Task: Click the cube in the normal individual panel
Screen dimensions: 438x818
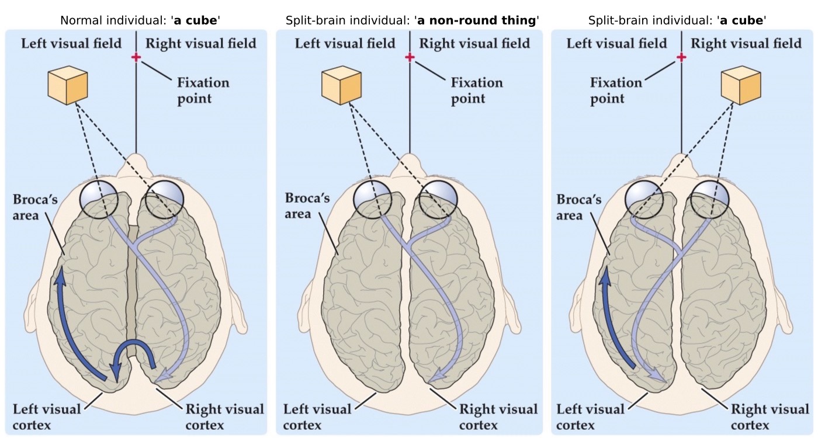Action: (x=68, y=85)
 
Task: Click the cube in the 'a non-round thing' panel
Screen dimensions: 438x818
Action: (x=341, y=85)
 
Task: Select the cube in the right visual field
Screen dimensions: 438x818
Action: (x=741, y=85)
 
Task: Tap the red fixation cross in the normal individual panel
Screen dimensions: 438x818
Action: (x=136, y=57)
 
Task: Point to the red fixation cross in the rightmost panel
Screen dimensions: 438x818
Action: (x=681, y=57)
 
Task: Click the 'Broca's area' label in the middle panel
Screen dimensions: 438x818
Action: (x=307, y=205)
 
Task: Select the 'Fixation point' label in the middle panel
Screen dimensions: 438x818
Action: (x=476, y=90)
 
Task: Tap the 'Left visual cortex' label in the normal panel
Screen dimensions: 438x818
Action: (x=47, y=416)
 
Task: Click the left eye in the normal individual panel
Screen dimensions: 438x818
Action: (x=99, y=199)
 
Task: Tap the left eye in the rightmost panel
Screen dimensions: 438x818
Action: (x=643, y=199)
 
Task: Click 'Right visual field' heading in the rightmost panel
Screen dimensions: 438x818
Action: (x=746, y=43)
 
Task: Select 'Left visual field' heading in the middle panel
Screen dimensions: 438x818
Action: (x=345, y=43)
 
